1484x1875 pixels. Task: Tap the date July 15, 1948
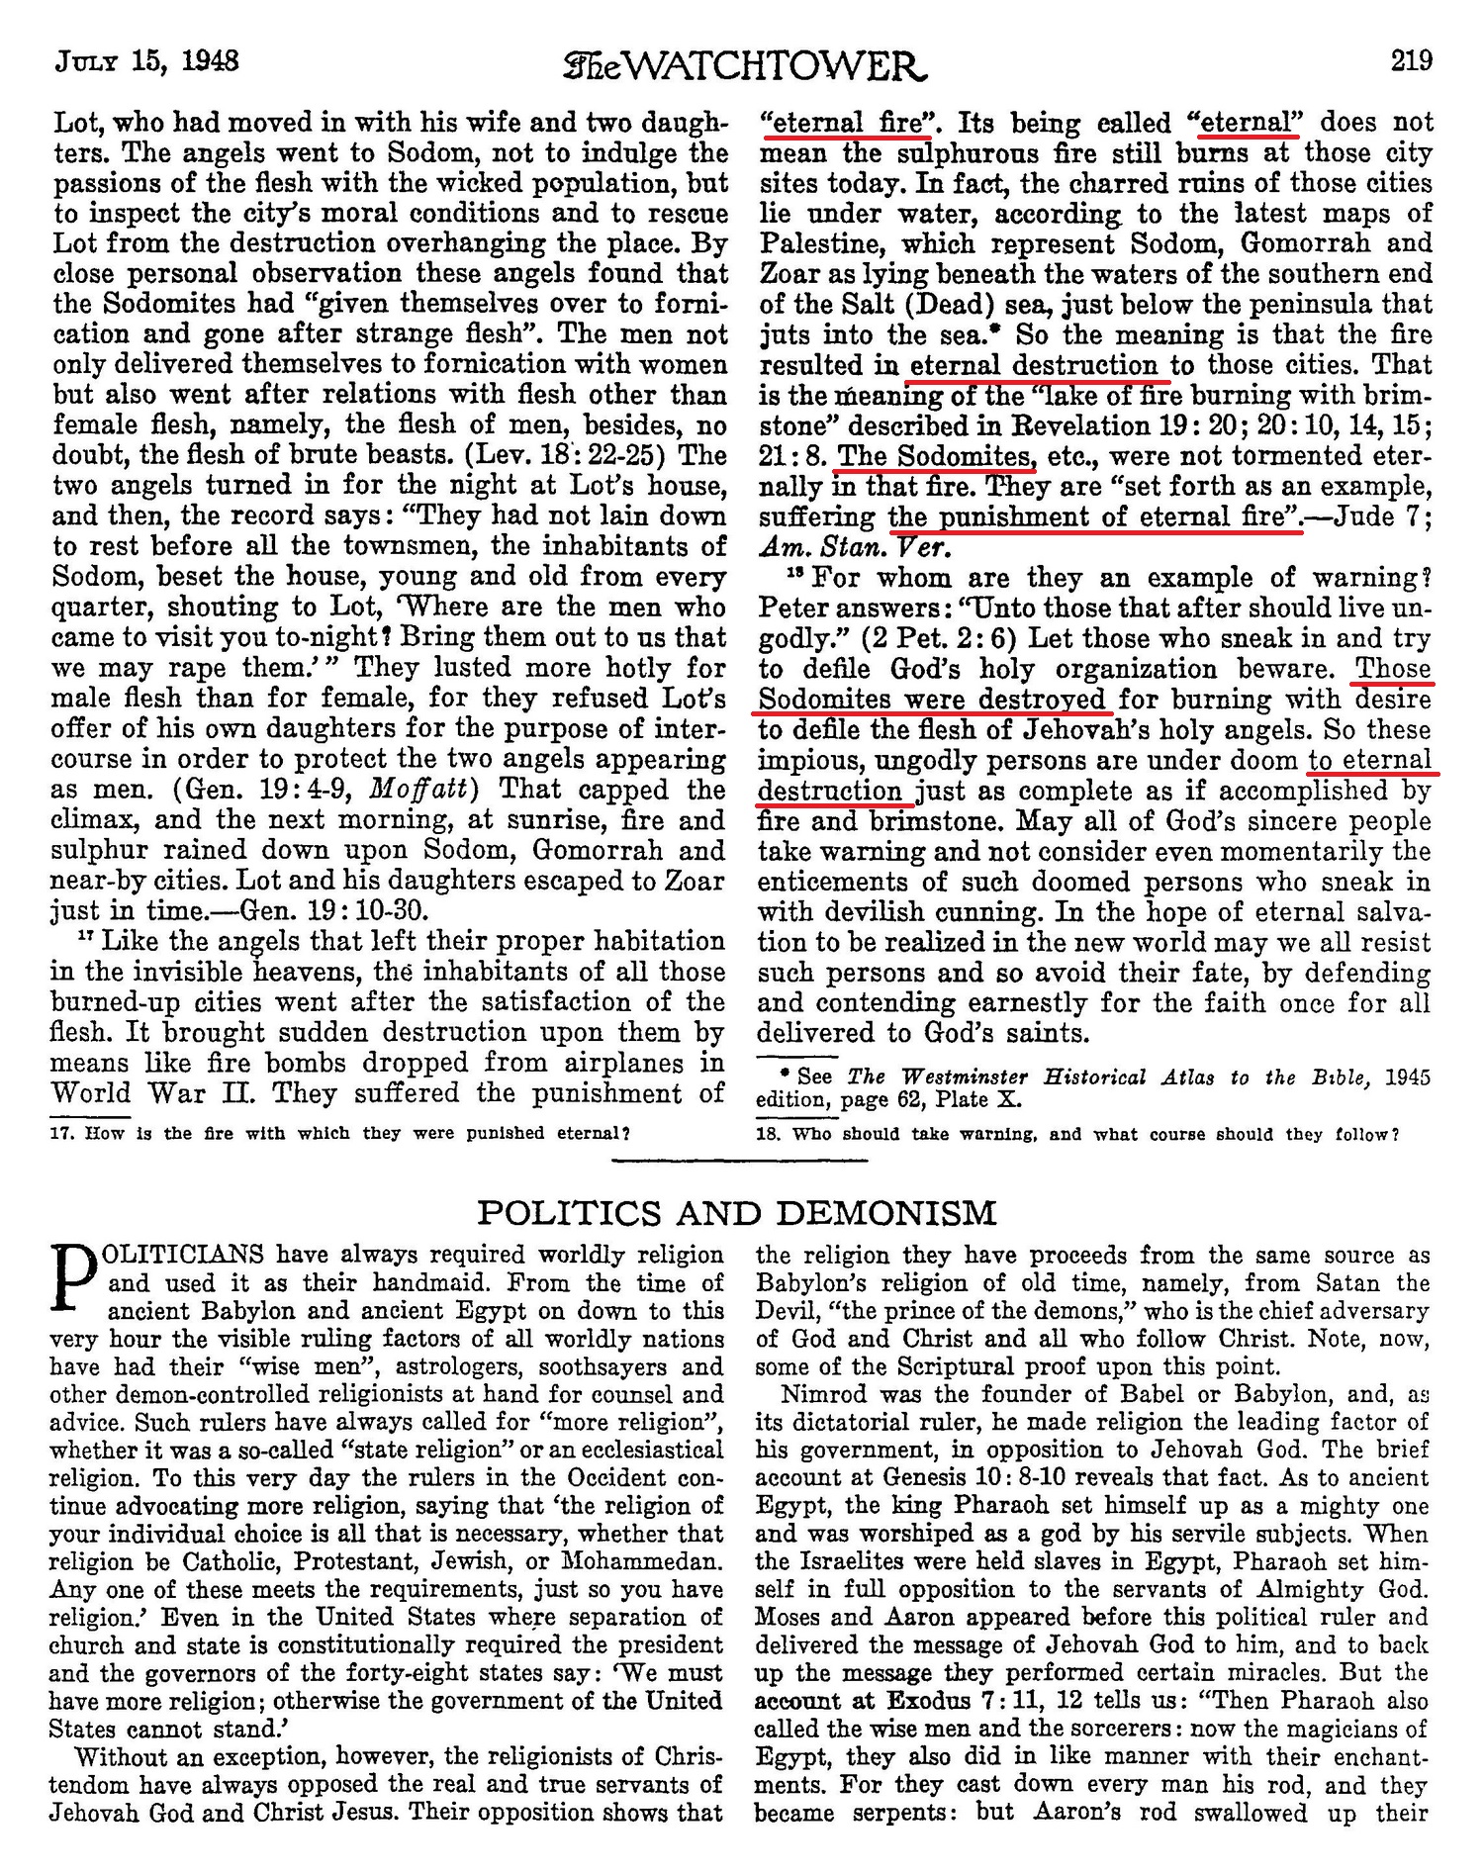coord(146,61)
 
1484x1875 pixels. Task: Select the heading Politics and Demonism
coord(737,1212)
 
